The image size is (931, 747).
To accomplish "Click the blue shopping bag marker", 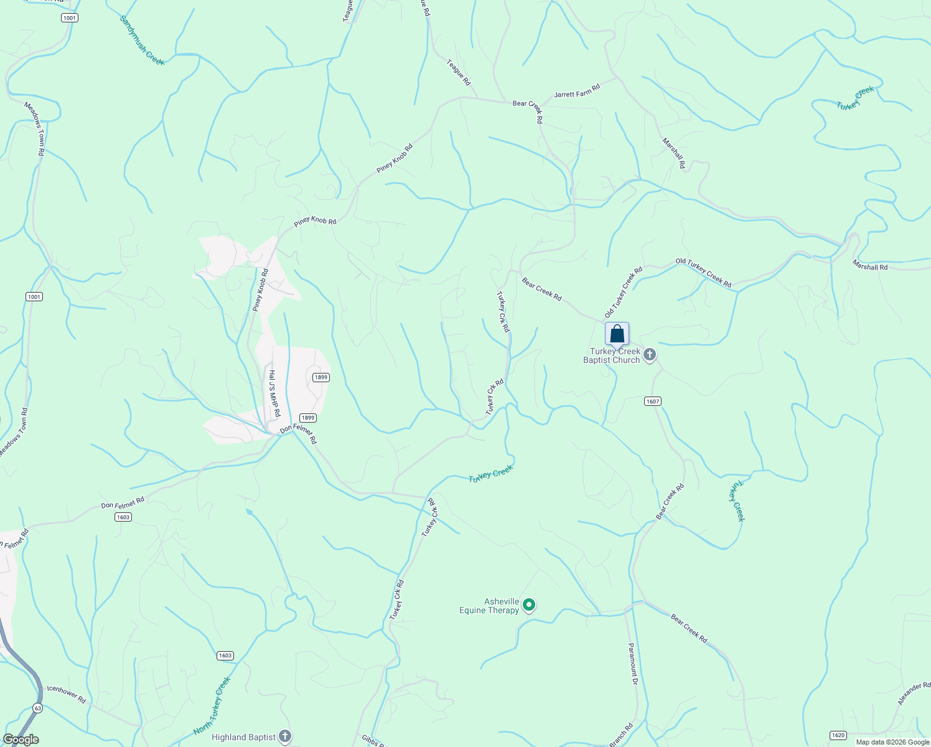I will (617, 334).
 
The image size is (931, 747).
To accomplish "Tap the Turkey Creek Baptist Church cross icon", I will (649, 355).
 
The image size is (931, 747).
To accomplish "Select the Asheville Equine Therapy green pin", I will (528, 604).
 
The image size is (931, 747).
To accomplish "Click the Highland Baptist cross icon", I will (284, 737).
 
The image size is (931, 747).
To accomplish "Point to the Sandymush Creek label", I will (142, 40).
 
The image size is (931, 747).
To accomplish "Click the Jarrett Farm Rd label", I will (577, 95).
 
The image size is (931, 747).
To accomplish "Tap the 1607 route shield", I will (652, 402).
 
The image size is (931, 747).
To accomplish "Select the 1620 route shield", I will (838, 735).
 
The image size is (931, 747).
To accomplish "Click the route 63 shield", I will (39, 708).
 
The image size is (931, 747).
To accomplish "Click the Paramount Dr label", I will (633, 664).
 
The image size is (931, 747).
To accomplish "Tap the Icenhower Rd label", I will (66, 695).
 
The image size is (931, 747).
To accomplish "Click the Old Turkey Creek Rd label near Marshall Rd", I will (703, 273).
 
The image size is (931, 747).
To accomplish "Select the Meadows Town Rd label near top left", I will (35, 128).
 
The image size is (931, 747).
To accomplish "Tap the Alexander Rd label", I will (914, 694).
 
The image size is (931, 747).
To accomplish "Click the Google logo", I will (21, 740).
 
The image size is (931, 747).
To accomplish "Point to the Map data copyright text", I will (892, 742).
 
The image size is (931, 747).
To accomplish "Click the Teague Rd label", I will (459, 72).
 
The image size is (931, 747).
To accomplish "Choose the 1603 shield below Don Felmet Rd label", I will (123, 517).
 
